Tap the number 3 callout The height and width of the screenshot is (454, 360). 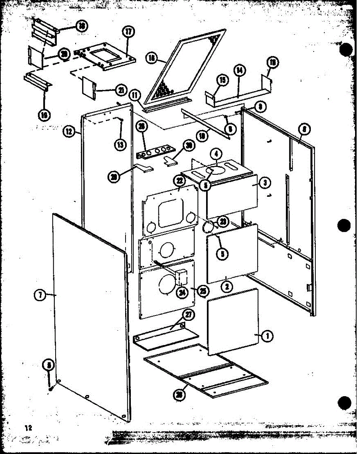click(266, 183)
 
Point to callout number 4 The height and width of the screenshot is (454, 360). click(216, 154)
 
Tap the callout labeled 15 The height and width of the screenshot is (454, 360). click(222, 79)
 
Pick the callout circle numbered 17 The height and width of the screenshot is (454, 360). click(128, 32)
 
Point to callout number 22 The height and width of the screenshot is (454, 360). click(178, 180)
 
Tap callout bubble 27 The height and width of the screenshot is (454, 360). click(187, 314)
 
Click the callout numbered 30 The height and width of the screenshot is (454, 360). click(188, 145)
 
